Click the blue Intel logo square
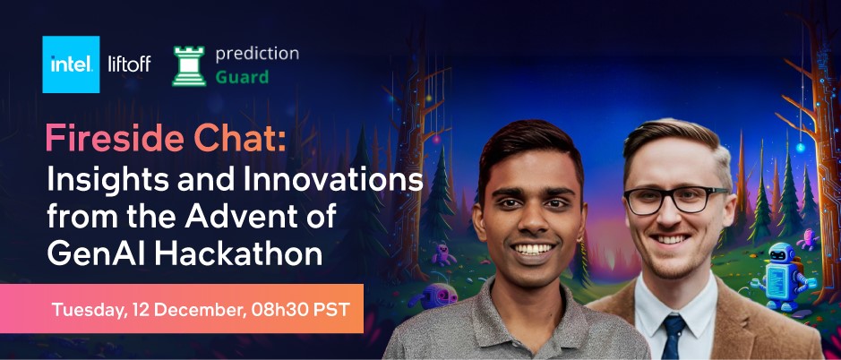71,64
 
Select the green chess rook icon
189,65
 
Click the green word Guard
241,77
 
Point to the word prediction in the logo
257,53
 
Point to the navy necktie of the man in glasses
672,335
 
